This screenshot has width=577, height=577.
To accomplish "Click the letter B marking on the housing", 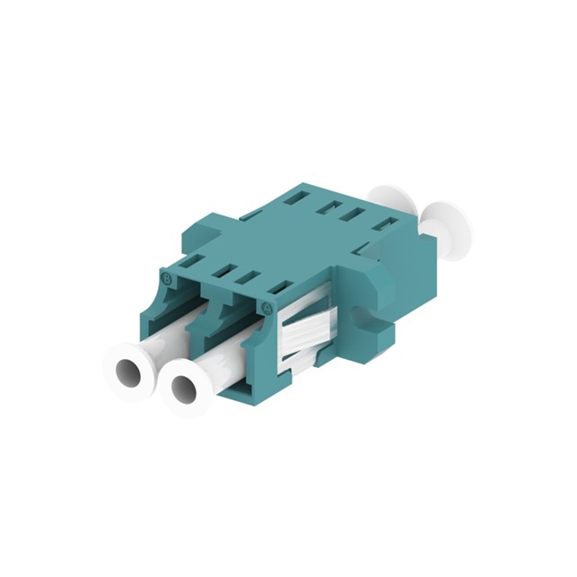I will [164, 278].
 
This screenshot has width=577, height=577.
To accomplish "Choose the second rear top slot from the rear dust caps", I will [356, 213].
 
